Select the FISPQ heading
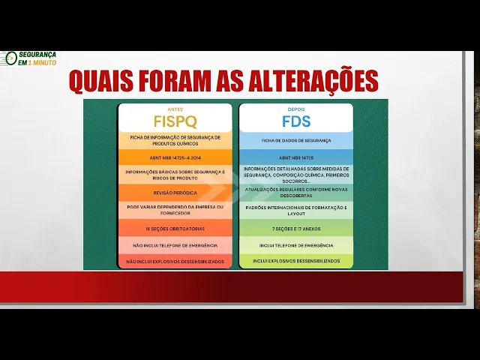point(175,121)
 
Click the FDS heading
point(296,121)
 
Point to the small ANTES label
point(175,109)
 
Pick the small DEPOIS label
point(296,109)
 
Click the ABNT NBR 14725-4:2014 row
point(175,158)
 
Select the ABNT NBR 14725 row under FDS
point(296,158)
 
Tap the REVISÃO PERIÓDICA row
point(175,193)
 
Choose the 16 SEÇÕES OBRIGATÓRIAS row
point(175,228)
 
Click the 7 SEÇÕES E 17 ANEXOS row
point(296,228)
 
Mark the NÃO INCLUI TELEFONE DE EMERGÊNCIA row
point(175,245)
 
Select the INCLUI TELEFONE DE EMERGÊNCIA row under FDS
point(296,245)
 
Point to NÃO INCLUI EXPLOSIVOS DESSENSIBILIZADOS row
point(175,261)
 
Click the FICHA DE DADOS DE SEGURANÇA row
point(296,140)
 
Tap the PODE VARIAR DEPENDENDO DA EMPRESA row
point(175,209)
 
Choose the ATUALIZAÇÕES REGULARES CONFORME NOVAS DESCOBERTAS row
point(296,191)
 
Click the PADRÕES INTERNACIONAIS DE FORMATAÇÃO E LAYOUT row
point(296,209)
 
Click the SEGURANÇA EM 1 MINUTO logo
point(33,58)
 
